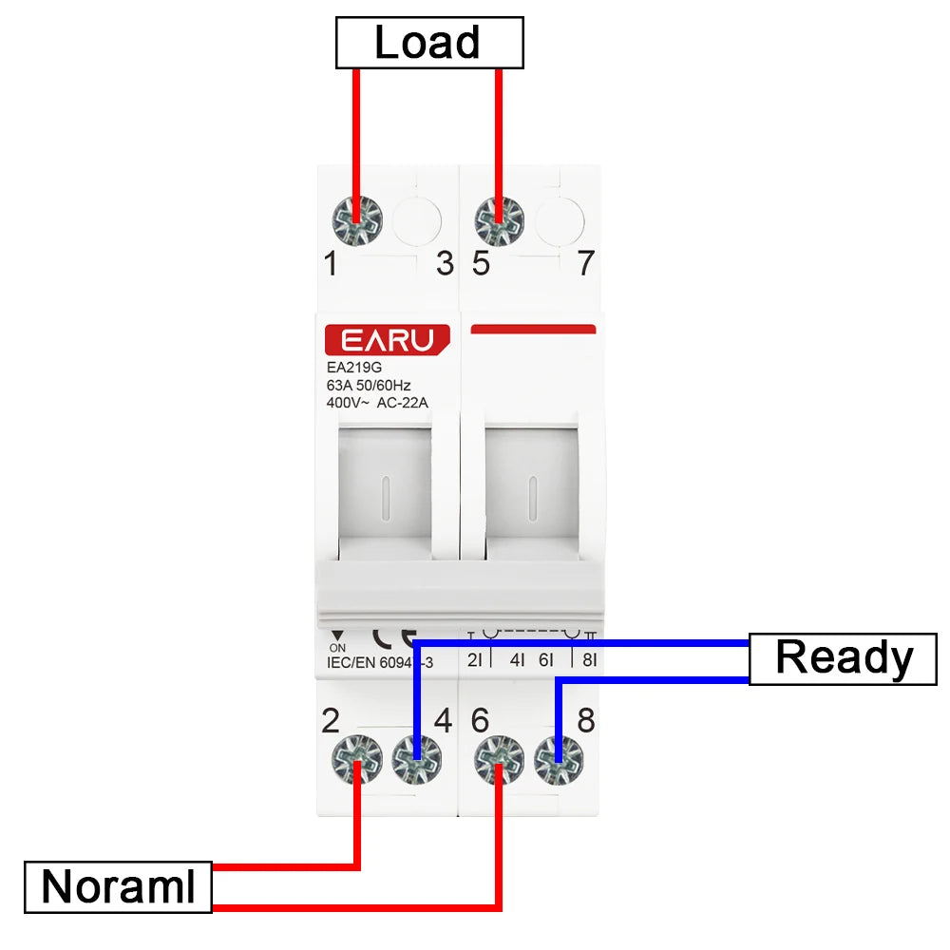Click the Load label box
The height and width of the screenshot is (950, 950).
(429, 44)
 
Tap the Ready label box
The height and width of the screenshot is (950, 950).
(844, 658)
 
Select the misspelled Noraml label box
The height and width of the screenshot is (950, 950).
(118, 887)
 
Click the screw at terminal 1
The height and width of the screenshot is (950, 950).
(356, 221)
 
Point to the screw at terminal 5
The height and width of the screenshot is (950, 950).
(499, 221)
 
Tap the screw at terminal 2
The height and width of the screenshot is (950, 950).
(356, 761)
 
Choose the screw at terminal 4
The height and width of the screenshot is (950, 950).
(416, 761)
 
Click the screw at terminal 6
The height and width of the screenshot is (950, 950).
(499, 761)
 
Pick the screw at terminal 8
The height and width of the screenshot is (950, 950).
(559, 761)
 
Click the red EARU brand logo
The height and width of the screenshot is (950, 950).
(387, 340)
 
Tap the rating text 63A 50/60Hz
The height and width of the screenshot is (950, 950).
(369, 386)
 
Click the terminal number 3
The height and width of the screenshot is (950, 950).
(445, 264)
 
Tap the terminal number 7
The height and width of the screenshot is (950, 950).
(587, 264)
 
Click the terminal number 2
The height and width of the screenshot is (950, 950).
(331, 721)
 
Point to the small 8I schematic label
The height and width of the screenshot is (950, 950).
(589, 658)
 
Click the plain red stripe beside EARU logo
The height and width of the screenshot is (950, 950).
(533, 330)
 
